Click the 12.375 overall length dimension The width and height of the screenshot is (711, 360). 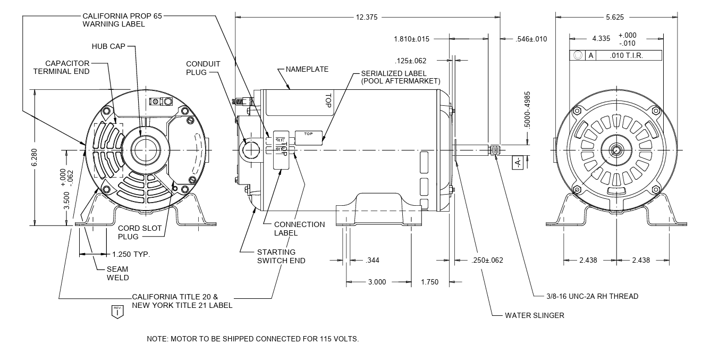(x=367, y=17)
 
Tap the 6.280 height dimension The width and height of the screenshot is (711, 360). (x=35, y=158)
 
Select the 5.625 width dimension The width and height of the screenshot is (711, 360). (x=616, y=17)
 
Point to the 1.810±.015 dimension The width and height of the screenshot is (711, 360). (x=411, y=39)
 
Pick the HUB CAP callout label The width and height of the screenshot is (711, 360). (x=108, y=47)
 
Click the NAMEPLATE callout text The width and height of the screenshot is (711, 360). (x=307, y=69)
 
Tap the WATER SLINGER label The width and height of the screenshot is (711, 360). (x=535, y=315)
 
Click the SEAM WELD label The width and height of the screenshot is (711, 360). (x=117, y=273)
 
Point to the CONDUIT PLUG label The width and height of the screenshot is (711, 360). (x=203, y=68)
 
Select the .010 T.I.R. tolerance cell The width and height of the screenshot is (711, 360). (x=627, y=55)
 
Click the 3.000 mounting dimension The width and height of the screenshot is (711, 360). (x=377, y=282)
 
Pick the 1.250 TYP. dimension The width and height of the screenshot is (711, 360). (x=131, y=254)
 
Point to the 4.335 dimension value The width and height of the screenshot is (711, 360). (x=601, y=39)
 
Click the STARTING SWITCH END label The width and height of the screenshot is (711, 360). (x=281, y=256)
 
